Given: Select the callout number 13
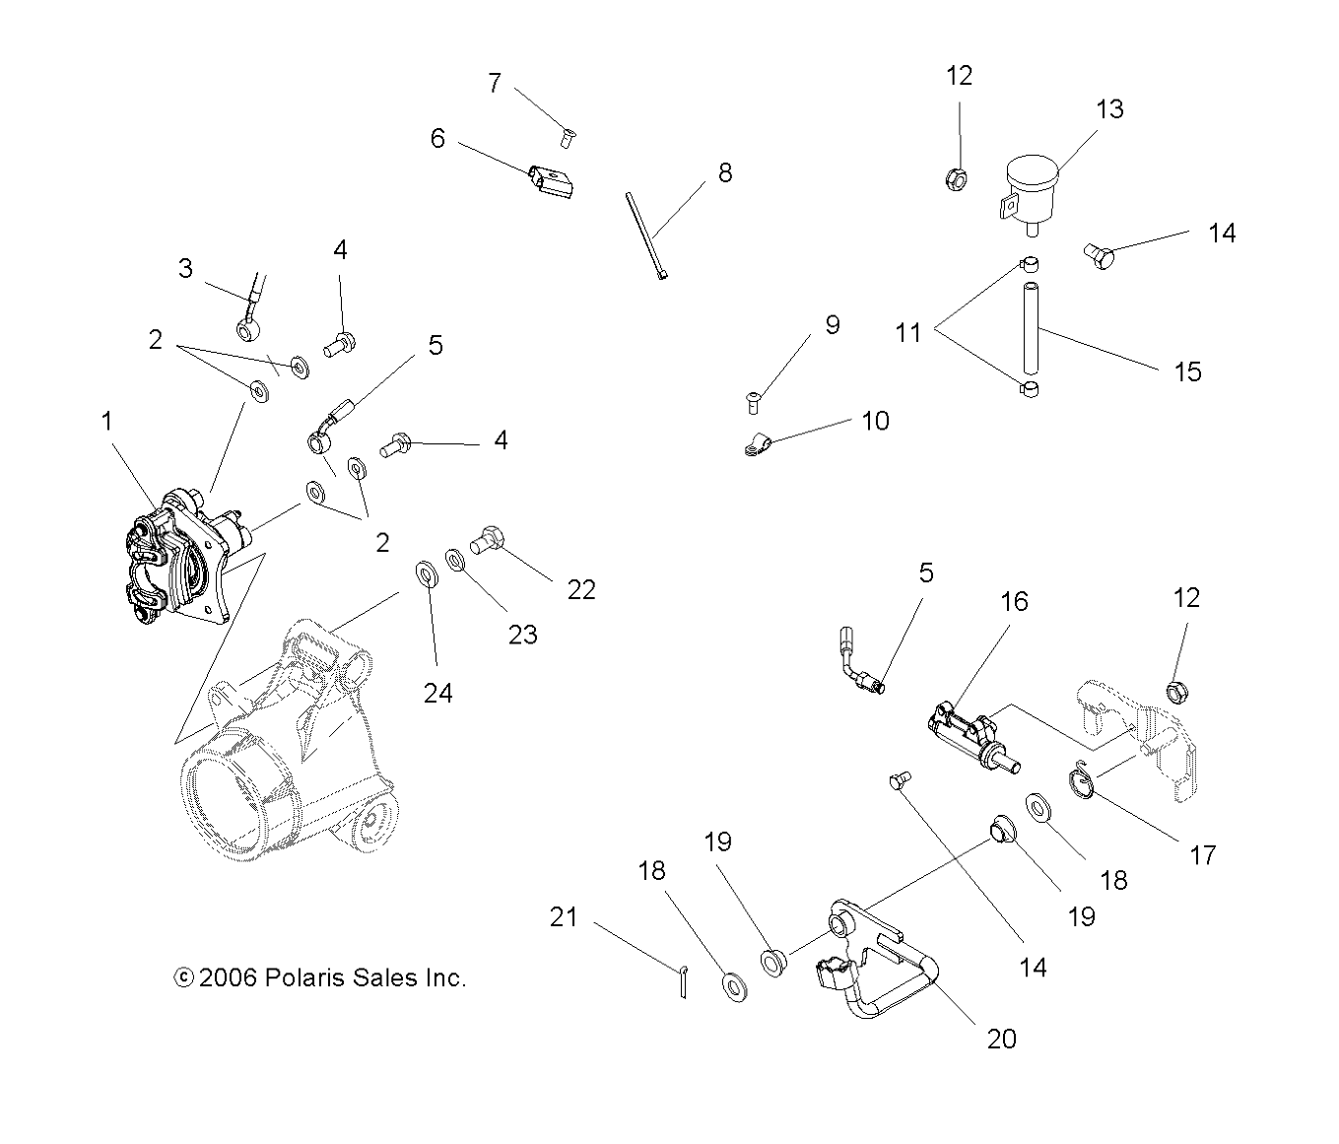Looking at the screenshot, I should (x=1109, y=109).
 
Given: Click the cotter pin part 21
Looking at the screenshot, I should (x=683, y=982).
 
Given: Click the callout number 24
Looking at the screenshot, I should (x=437, y=694).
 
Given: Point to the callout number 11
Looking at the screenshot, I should (x=907, y=333).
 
